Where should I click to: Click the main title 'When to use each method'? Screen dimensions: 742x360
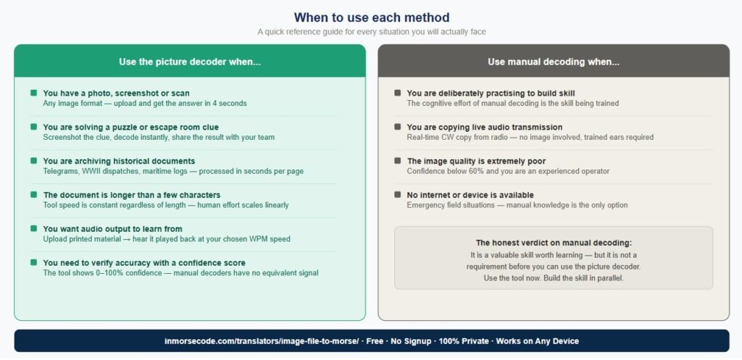pyautogui.click(x=372, y=17)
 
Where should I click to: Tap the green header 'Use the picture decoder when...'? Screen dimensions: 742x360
pyautogui.click(x=190, y=62)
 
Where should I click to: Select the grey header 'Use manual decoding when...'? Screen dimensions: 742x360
pyautogui.click(x=554, y=62)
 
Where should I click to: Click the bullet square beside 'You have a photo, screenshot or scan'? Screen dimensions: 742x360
pyautogui.click(x=33, y=93)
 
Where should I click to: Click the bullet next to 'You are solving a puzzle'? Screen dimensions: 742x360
pyautogui.click(x=33, y=127)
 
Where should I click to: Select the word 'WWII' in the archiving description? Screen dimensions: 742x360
pyautogui.click(x=88, y=171)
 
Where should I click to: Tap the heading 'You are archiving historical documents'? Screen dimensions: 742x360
pyautogui.click(x=119, y=162)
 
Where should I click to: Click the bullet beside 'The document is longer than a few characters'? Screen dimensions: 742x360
pyautogui.click(x=33, y=194)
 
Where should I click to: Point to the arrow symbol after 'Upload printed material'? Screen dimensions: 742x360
pyautogui.click(x=127, y=239)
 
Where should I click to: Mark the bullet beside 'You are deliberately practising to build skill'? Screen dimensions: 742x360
pyautogui.click(x=398, y=93)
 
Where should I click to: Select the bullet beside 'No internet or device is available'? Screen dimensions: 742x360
pyautogui.click(x=398, y=194)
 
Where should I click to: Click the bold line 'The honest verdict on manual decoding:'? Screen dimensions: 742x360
pyautogui.click(x=554, y=243)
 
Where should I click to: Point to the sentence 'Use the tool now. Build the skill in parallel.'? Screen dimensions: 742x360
pyautogui.click(x=554, y=278)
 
